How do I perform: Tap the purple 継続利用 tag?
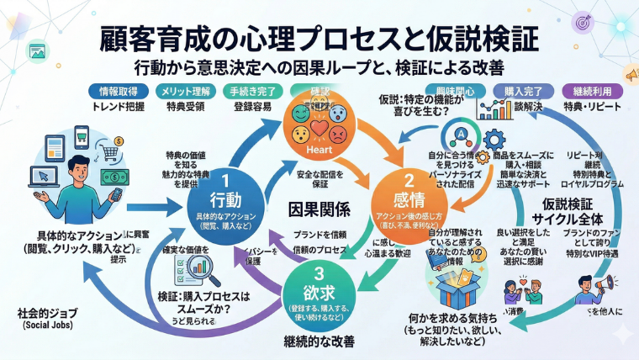coord(596,92)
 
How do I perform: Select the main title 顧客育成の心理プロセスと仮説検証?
coord(319,38)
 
